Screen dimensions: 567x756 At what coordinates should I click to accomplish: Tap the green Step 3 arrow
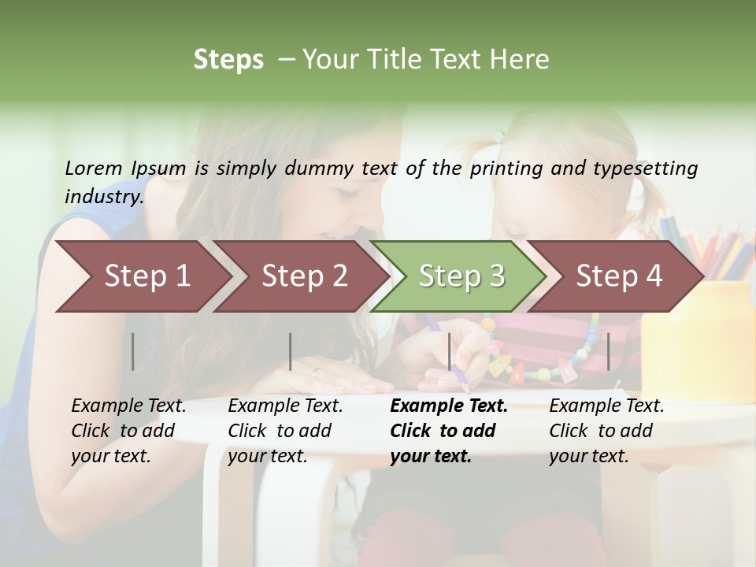[461, 276]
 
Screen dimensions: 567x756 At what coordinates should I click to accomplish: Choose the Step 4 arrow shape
[619, 276]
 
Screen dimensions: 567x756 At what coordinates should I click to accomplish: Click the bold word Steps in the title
[228, 59]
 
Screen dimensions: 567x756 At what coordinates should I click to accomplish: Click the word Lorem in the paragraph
[94, 168]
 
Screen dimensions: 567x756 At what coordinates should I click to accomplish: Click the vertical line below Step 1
[133, 351]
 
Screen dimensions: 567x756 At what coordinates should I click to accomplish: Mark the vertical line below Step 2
[291, 351]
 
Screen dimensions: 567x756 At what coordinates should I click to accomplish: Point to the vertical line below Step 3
[450, 351]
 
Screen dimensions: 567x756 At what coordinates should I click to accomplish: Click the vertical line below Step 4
[609, 351]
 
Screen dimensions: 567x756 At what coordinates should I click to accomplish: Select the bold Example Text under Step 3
[449, 406]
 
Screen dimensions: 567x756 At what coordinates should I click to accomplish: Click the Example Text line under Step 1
[128, 406]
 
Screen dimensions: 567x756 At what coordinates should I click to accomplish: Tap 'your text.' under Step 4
[589, 456]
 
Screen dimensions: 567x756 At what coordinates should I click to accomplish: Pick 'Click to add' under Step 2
[280, 431]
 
